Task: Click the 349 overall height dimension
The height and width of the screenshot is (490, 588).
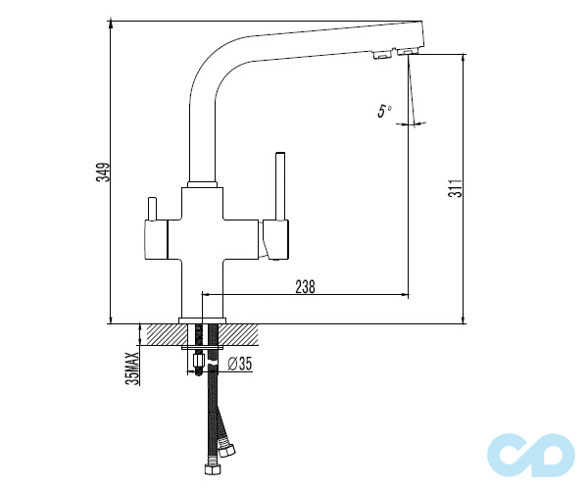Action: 103,172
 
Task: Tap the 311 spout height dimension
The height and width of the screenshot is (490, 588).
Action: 456,188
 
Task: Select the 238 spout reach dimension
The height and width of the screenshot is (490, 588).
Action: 305,287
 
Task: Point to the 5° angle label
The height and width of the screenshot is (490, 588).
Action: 384,111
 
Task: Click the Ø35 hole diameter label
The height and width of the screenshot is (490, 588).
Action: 240,364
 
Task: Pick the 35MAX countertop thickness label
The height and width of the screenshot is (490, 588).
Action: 132,368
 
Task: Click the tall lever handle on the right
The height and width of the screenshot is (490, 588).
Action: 280,185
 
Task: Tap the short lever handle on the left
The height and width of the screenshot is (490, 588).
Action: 152,209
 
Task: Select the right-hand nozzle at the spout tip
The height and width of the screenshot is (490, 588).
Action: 407,51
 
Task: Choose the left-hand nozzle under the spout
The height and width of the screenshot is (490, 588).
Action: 382,55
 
